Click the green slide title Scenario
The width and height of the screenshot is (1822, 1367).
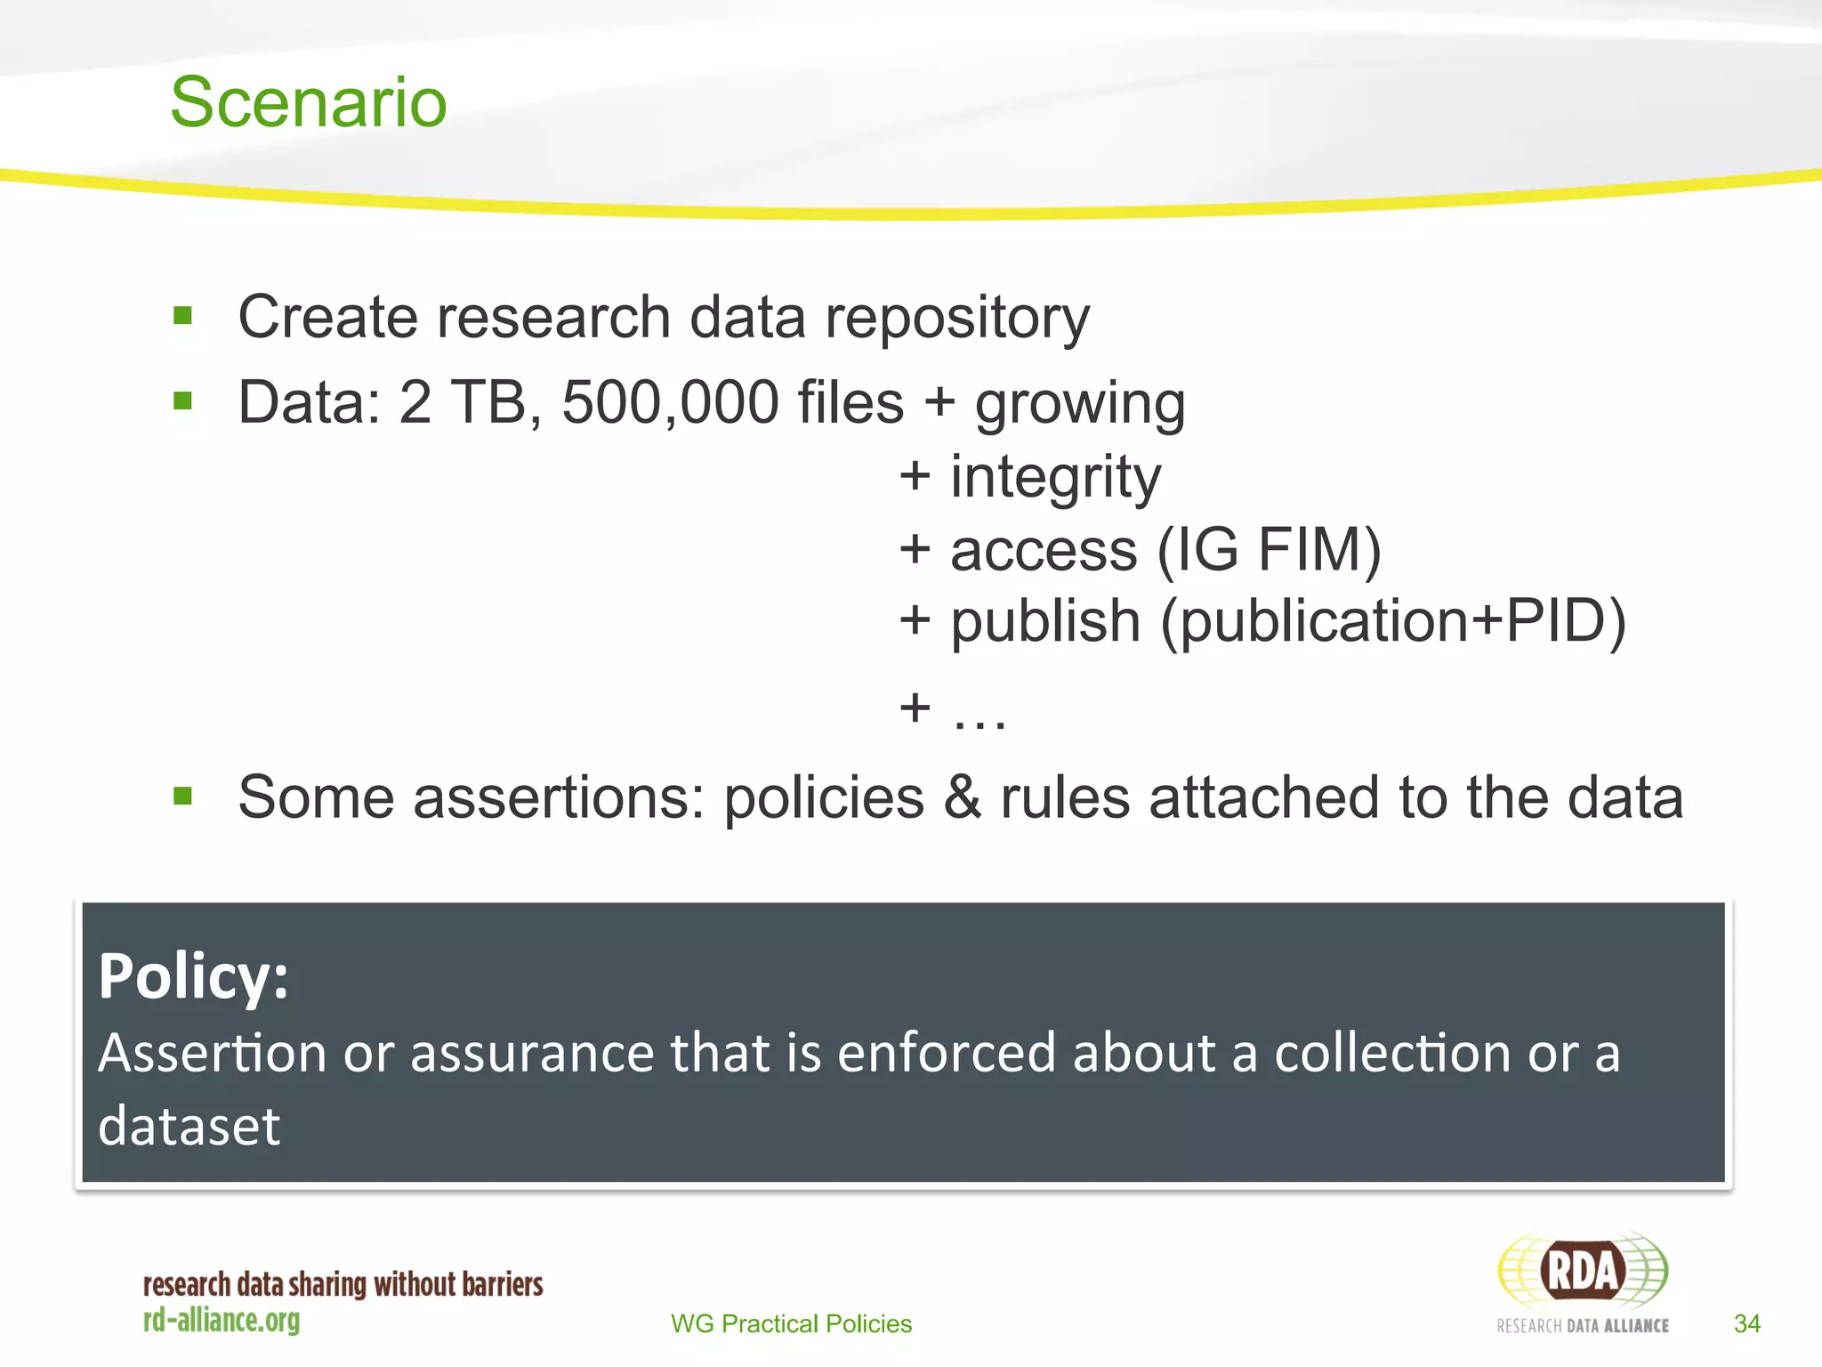(x=308, y=102)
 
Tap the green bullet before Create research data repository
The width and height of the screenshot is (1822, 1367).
(x=183, y=316)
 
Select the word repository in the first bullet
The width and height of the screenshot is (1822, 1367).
(x=956, y=318)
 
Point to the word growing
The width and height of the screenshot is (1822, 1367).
(x=1080, y=405)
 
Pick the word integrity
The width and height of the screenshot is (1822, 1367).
(x=1055, y=477)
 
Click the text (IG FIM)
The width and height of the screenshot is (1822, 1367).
(x=1270, y=549)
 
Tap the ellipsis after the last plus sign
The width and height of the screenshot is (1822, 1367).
(x=980, y=713)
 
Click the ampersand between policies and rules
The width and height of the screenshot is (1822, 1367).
(x=963, y=797)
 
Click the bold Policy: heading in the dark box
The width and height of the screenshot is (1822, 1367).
(x=194, y=976)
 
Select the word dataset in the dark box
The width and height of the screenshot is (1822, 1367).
(x=189, y=1126)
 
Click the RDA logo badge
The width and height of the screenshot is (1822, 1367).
(x=1583, y=1270)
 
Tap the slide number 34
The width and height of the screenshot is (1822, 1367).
(x=1746, y=1323)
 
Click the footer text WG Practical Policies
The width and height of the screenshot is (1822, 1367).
(x=791, y=1323)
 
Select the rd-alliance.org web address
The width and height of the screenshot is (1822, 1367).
(x=222, y=1320)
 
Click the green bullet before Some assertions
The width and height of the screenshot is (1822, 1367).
(x=183, y=796)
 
